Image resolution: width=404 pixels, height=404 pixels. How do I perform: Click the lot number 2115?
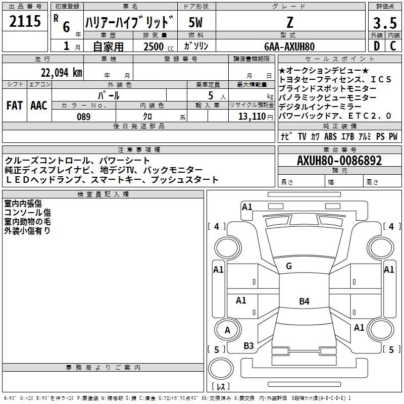(25, 21)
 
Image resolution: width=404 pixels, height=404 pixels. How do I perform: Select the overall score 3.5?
(385, 23)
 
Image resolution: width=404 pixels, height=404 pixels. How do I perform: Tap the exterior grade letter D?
(377, 46)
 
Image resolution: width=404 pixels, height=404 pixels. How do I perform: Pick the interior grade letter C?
(393, 46)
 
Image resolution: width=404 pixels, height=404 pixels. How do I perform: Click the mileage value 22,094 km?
(62, 73)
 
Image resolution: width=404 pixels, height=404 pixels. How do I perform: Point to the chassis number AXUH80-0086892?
(339, 161)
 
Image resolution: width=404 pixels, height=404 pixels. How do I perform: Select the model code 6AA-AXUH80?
(289, 46)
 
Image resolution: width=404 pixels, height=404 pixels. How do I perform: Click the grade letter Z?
(290, 22)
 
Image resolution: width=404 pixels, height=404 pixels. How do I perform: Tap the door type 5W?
(195, 22)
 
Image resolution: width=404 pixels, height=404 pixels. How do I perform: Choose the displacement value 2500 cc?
(159, 46)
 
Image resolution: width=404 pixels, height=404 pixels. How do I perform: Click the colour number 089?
(83, 117)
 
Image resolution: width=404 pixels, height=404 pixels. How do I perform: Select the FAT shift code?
(15, 106)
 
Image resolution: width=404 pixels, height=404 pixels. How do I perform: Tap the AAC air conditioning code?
(39, 106)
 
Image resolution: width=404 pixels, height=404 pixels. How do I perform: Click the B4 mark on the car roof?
(304, 301)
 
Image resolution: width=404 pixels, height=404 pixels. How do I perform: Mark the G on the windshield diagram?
(289, 266)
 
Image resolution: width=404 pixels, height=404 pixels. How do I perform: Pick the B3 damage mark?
(248, 346)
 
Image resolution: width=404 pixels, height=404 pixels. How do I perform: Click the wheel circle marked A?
(228, 330)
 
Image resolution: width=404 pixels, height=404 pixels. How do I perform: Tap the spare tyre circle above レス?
(221, 369)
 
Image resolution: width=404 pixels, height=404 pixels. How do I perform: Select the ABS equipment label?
(330, 136)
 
